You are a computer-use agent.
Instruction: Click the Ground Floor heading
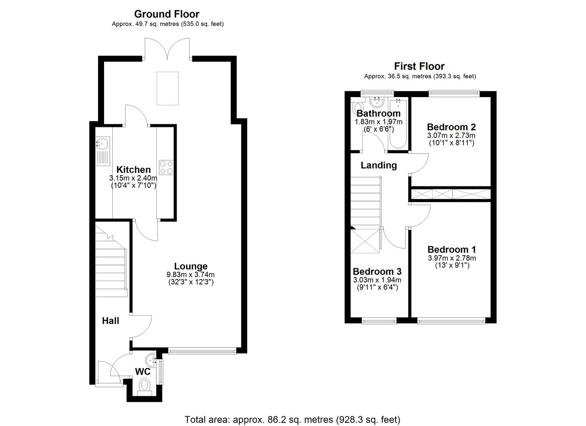tap(167, 14)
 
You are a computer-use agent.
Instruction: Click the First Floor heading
tap(419, 66)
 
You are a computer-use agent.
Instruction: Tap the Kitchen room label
tap(133, 170)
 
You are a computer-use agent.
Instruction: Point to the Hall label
tap(110, 321)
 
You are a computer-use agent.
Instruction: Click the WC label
tap(142, 372)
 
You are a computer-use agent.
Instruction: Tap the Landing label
tap(378, 165)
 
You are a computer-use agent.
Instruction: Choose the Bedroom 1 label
tap(452, 249)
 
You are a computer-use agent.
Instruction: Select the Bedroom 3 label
tap(377, 271)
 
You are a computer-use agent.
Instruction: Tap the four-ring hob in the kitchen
tap(166, 167)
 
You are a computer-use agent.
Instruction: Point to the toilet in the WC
tap(145, 386)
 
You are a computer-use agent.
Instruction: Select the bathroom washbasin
tap(376, 102)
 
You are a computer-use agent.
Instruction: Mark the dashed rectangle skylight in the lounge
tap(168, 88)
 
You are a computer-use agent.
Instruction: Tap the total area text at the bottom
tap(293, 419)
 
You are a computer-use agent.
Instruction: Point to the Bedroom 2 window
tap(453, 93)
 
